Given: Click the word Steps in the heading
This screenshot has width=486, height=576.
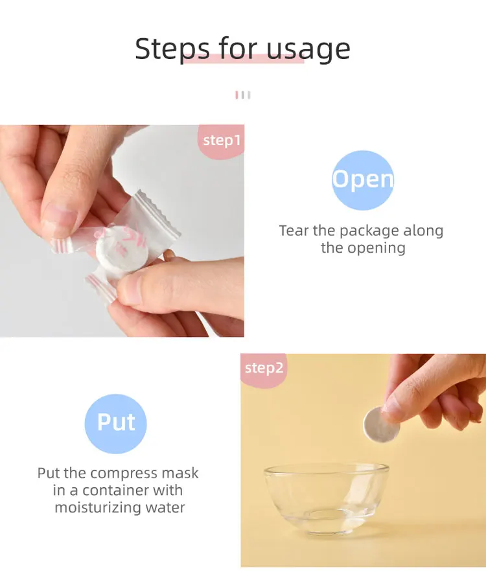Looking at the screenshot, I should pyautogui.click(x=172, y=49).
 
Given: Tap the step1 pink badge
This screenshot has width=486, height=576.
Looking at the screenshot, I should pyautogui.click(x=222, y=141).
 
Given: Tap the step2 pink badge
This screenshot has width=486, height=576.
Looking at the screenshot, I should pyautogui.click(x=264, y=369).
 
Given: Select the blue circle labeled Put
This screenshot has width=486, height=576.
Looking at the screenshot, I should pyautogui.click(x=116, y=422).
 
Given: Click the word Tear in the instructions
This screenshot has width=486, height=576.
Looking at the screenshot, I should pyautogui.click(x=294, y=231).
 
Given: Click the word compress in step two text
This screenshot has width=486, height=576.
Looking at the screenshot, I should pyautogui.click(x=123, y=474).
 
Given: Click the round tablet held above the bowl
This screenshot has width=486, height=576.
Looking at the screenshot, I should pyautogui.click(x=376, y=424).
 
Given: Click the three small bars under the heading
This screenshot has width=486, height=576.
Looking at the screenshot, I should pyautogui.click(x=242, y=95).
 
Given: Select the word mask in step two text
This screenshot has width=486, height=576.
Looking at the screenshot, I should pyautogui.click(x=181, y=474).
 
